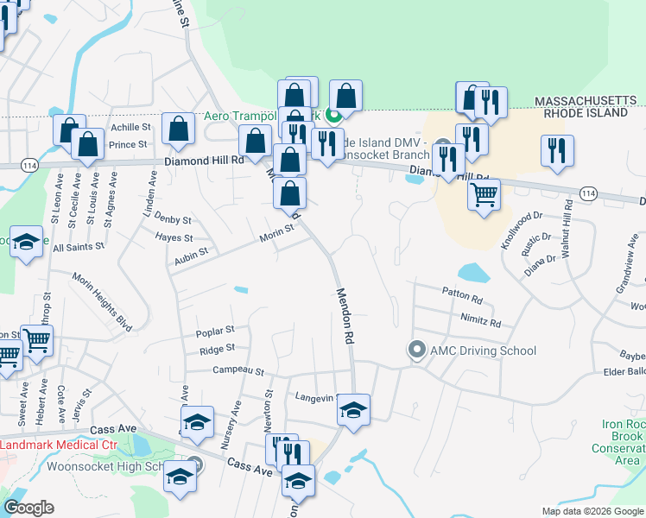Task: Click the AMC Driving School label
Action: tap(482, 351)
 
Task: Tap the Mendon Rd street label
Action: tap(346, 317)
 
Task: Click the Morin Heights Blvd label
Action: tap(102, 302)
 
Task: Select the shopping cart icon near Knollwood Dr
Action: tap(484, 193)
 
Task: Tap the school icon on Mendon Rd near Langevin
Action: tap(353, 409)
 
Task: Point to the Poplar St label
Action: tap(216, 330)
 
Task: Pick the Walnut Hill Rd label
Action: tap(569, 226)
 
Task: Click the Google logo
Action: tap(28, 508)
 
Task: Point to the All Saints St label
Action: tap(79, 247)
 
